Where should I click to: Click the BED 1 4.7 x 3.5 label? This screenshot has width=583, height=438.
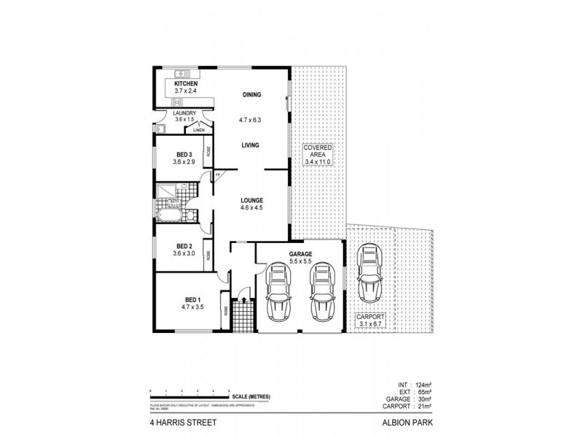(192, 304)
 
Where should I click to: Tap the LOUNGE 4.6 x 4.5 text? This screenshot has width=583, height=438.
(251, 204)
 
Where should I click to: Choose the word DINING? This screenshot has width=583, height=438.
(251, 95)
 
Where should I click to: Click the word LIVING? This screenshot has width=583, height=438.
(251, 145)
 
